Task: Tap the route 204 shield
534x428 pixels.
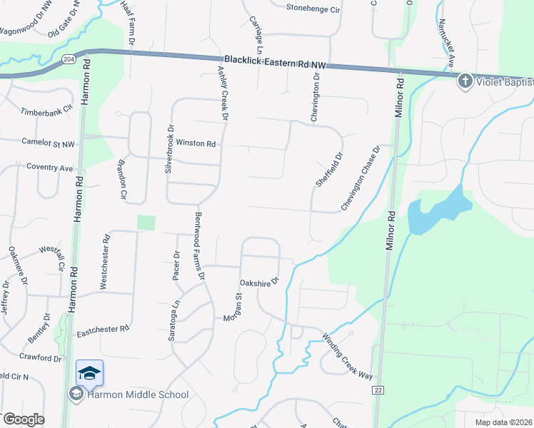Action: (x=68, y=58)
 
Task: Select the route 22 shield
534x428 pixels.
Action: (x=378, y=389)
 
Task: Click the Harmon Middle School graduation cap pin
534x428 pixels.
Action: (x=90, y=373)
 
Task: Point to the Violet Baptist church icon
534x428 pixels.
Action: (x=465, y=81)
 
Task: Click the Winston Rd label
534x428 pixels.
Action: (x=196, y=143)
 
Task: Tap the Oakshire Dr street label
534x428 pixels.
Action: (x=258, y=283)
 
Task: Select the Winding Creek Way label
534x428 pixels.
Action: (x=347, y=357)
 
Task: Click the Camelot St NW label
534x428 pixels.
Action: (x=49, y=143)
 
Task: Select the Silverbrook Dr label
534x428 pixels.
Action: (x=169, y=151)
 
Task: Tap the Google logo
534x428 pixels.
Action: (x=23, y=419)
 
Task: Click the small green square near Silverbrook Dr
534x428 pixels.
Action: (x=146, y=223)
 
